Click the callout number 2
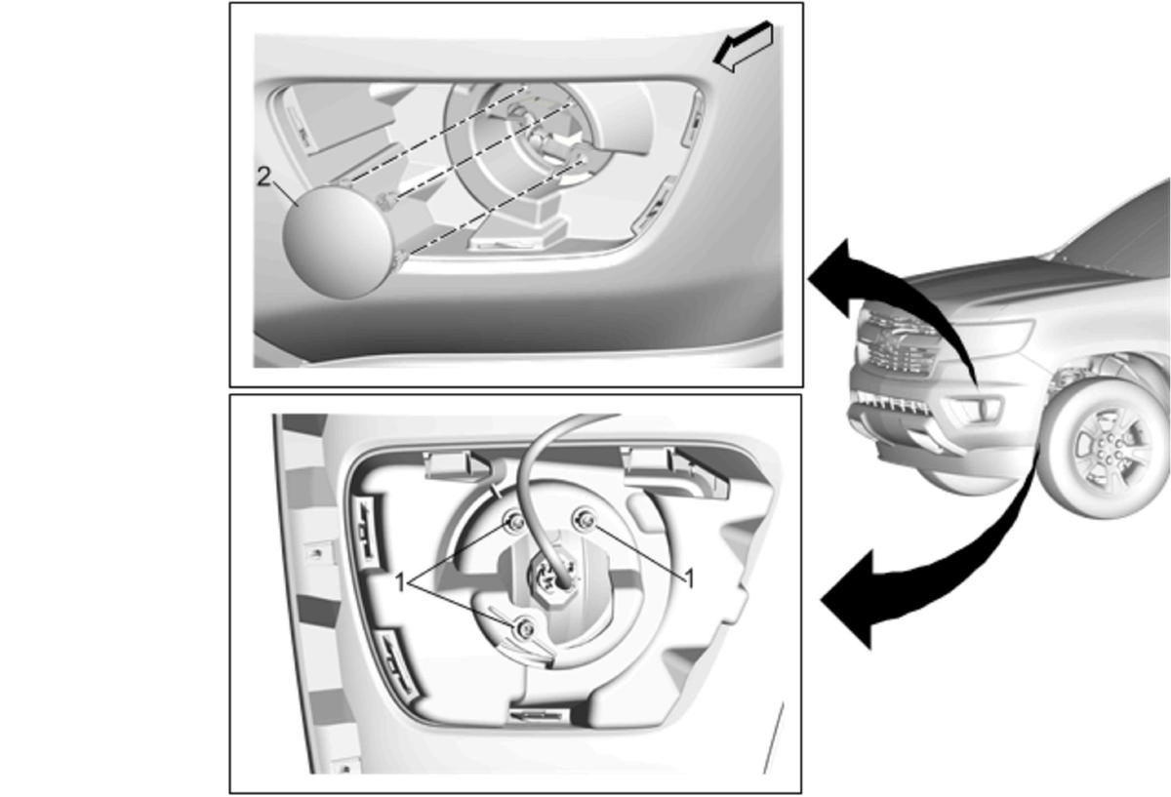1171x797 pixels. [264, 179]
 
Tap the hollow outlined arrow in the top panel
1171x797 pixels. [744, 46]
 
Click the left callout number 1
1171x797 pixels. [400, 582]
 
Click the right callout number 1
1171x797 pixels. [690, 579]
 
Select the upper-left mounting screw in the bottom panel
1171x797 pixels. [515, 522]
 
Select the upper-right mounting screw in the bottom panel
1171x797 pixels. [585, 520]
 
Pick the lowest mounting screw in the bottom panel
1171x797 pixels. [524, 628]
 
